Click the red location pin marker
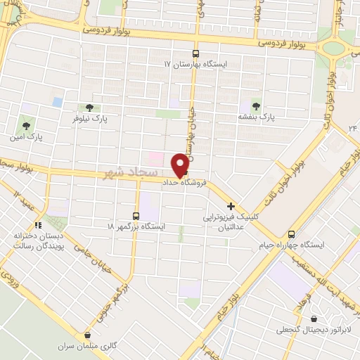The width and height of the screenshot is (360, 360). (x=181, y=165)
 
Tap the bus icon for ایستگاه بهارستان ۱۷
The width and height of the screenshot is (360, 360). (x=195, y=53)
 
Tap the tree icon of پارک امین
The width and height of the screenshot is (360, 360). (x=26, y=124)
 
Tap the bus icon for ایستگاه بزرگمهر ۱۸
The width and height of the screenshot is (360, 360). (x=136, y=216)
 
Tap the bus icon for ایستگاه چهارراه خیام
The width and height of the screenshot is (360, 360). (x=292, y=234)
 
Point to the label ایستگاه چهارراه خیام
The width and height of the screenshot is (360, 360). (x=324, y=245)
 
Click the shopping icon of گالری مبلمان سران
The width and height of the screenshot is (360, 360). (x=88, y=336)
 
